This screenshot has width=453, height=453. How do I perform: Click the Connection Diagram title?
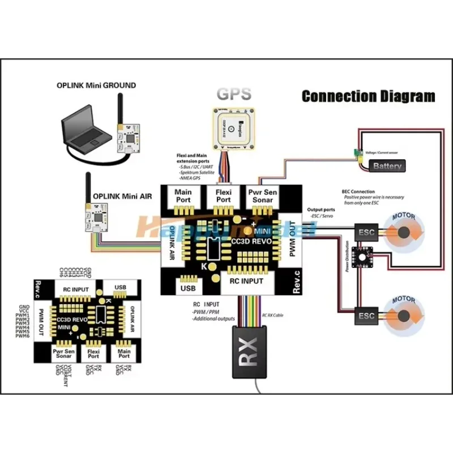pos(368,96)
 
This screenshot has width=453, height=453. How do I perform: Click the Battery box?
pos(387,166)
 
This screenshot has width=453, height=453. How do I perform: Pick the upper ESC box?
pos(365,232)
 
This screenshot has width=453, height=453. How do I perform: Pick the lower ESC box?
pos(365,315)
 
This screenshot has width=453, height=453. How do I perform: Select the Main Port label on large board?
pos(183,196)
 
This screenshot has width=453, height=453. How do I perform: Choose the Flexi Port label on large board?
pos(224,196)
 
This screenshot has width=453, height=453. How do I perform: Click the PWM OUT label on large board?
pos(292,240)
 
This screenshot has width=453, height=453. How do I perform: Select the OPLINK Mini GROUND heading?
pos(96,86)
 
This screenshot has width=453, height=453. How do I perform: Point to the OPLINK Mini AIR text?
pos(122,196)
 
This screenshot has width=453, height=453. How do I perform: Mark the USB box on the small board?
pos(120,288)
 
